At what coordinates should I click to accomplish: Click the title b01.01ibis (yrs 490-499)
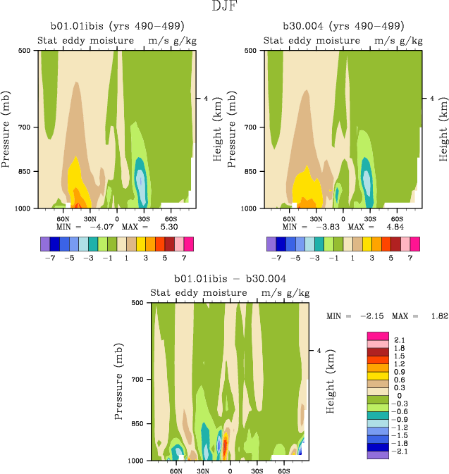[x=117, y=26]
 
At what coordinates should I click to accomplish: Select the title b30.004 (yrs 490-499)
[x=343, y=26]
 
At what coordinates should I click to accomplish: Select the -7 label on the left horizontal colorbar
[x=49, y=258]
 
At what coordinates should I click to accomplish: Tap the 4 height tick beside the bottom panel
[x=319, y=351]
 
